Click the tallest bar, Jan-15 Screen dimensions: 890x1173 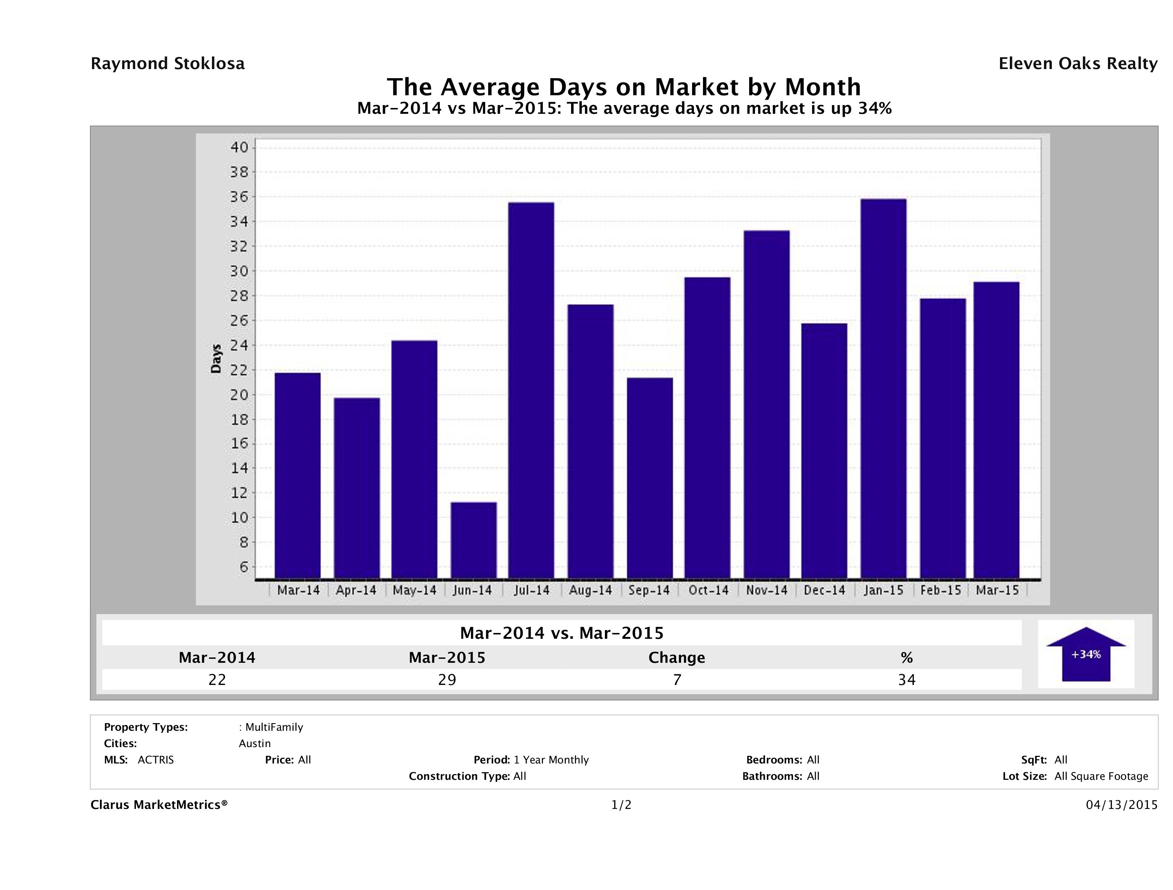pos(883,388)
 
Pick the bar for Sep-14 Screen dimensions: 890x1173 pos(650,478)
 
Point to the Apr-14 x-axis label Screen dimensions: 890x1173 pos(356,590)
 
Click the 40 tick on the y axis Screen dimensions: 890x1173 pos(240,148)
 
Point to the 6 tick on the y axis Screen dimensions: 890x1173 pos(244,567)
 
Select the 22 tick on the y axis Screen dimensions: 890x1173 pos(240,370)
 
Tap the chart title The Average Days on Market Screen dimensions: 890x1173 pos(624,87)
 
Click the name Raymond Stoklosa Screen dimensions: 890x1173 pos(168,64)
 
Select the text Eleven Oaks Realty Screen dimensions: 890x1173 pos(1077,64)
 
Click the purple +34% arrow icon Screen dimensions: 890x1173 pos(1085,654)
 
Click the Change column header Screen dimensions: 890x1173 pos(677,658)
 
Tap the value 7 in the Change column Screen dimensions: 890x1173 pos(677,680)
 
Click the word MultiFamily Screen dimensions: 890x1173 pos(274,727)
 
